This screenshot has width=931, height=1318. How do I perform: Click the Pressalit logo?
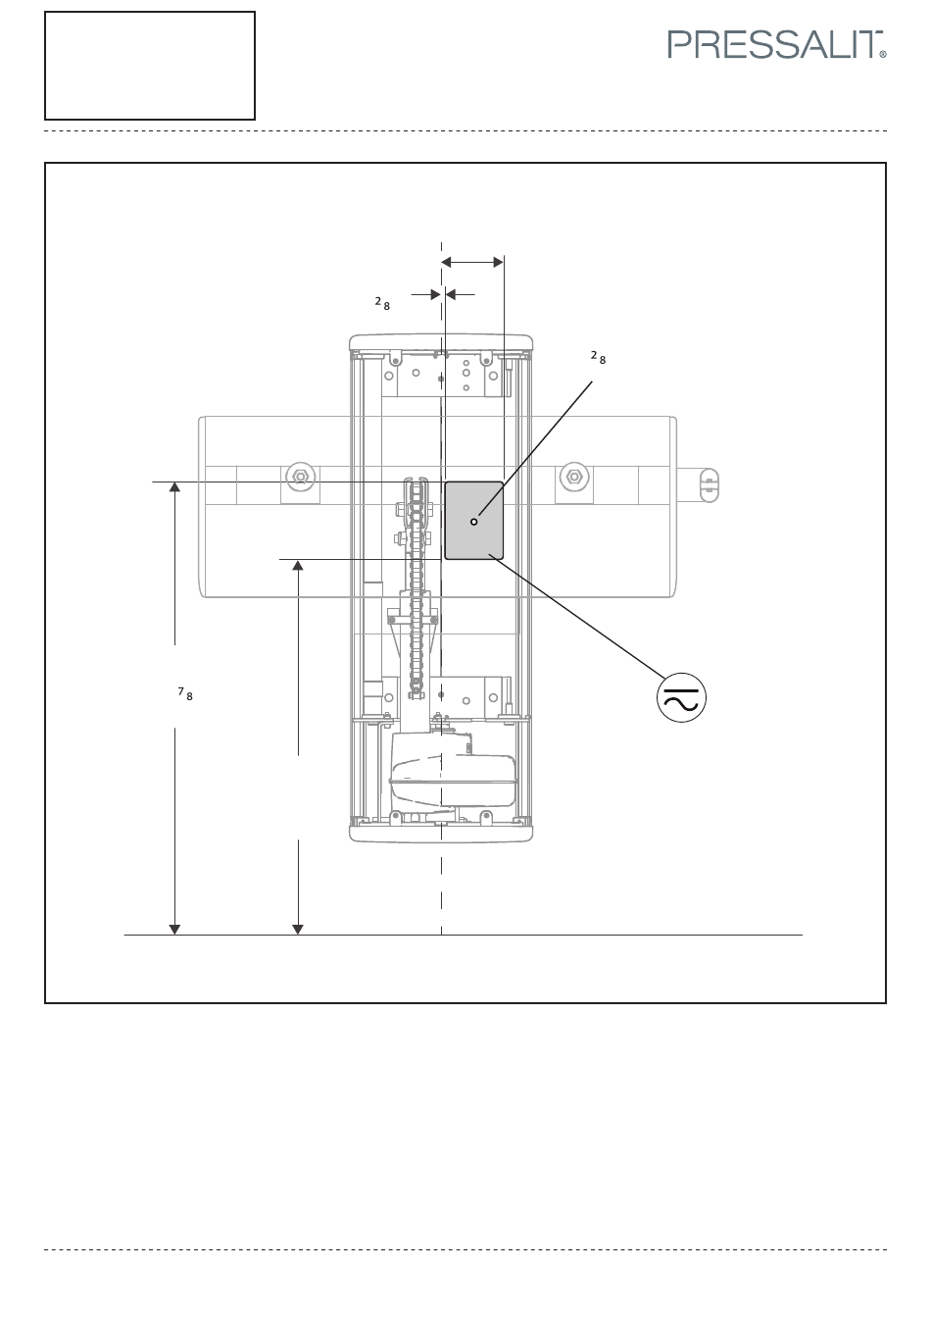776,45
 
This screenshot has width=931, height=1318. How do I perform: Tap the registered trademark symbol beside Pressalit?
883,54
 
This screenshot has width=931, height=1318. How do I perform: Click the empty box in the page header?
150,66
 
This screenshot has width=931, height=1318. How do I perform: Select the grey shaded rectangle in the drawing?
474,520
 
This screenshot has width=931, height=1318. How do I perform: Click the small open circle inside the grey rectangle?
474,522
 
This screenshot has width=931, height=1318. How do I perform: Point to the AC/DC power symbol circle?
682,698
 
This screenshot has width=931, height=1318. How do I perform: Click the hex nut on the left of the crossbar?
301,476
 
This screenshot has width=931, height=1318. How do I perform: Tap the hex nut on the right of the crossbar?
574,476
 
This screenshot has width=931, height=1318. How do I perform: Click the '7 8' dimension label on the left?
185,693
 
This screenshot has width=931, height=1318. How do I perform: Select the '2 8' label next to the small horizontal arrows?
382,304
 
